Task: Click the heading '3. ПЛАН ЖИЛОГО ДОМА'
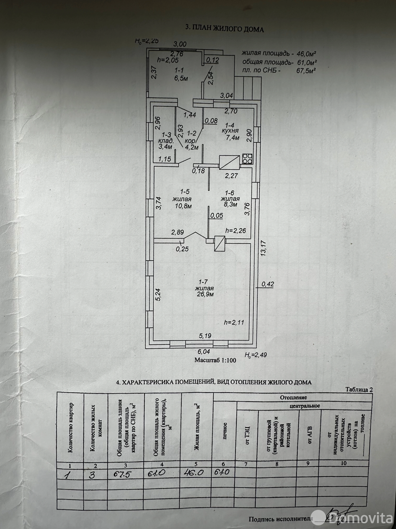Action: click(225, 29)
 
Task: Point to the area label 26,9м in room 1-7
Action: click(206, 295)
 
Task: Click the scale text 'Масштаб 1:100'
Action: click(215, 360)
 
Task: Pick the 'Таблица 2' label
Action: click(359, 389)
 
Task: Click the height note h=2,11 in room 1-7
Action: click(234, 322)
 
